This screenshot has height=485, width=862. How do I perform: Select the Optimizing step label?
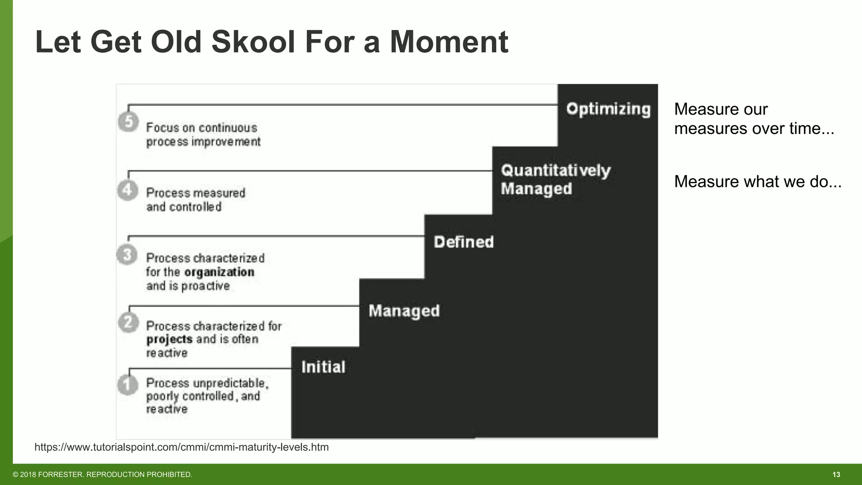click(608, 109)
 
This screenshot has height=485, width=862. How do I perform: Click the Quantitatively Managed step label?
click(555, 180)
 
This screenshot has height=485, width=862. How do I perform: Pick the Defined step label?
click(463, 242)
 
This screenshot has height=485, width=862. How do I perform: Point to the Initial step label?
click(323, 367)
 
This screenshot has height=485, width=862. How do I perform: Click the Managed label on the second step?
click(404, 311)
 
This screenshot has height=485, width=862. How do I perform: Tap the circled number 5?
click(128, 122)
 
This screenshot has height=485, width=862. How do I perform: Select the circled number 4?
click(128, 190)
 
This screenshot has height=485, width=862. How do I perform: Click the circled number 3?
click(127, 255)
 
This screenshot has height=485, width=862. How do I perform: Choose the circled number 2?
click(128, 322)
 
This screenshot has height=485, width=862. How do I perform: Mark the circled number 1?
click(128, 385)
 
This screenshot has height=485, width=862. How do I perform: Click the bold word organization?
click(219, 272)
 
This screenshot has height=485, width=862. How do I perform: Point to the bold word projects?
click(169, 339)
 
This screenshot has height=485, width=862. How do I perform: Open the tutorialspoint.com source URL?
click(181, 447)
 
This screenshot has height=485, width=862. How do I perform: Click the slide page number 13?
click(836, 474)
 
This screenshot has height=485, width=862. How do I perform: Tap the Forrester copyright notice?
click(102, 474)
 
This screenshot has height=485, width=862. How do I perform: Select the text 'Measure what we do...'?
click(758, 181)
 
